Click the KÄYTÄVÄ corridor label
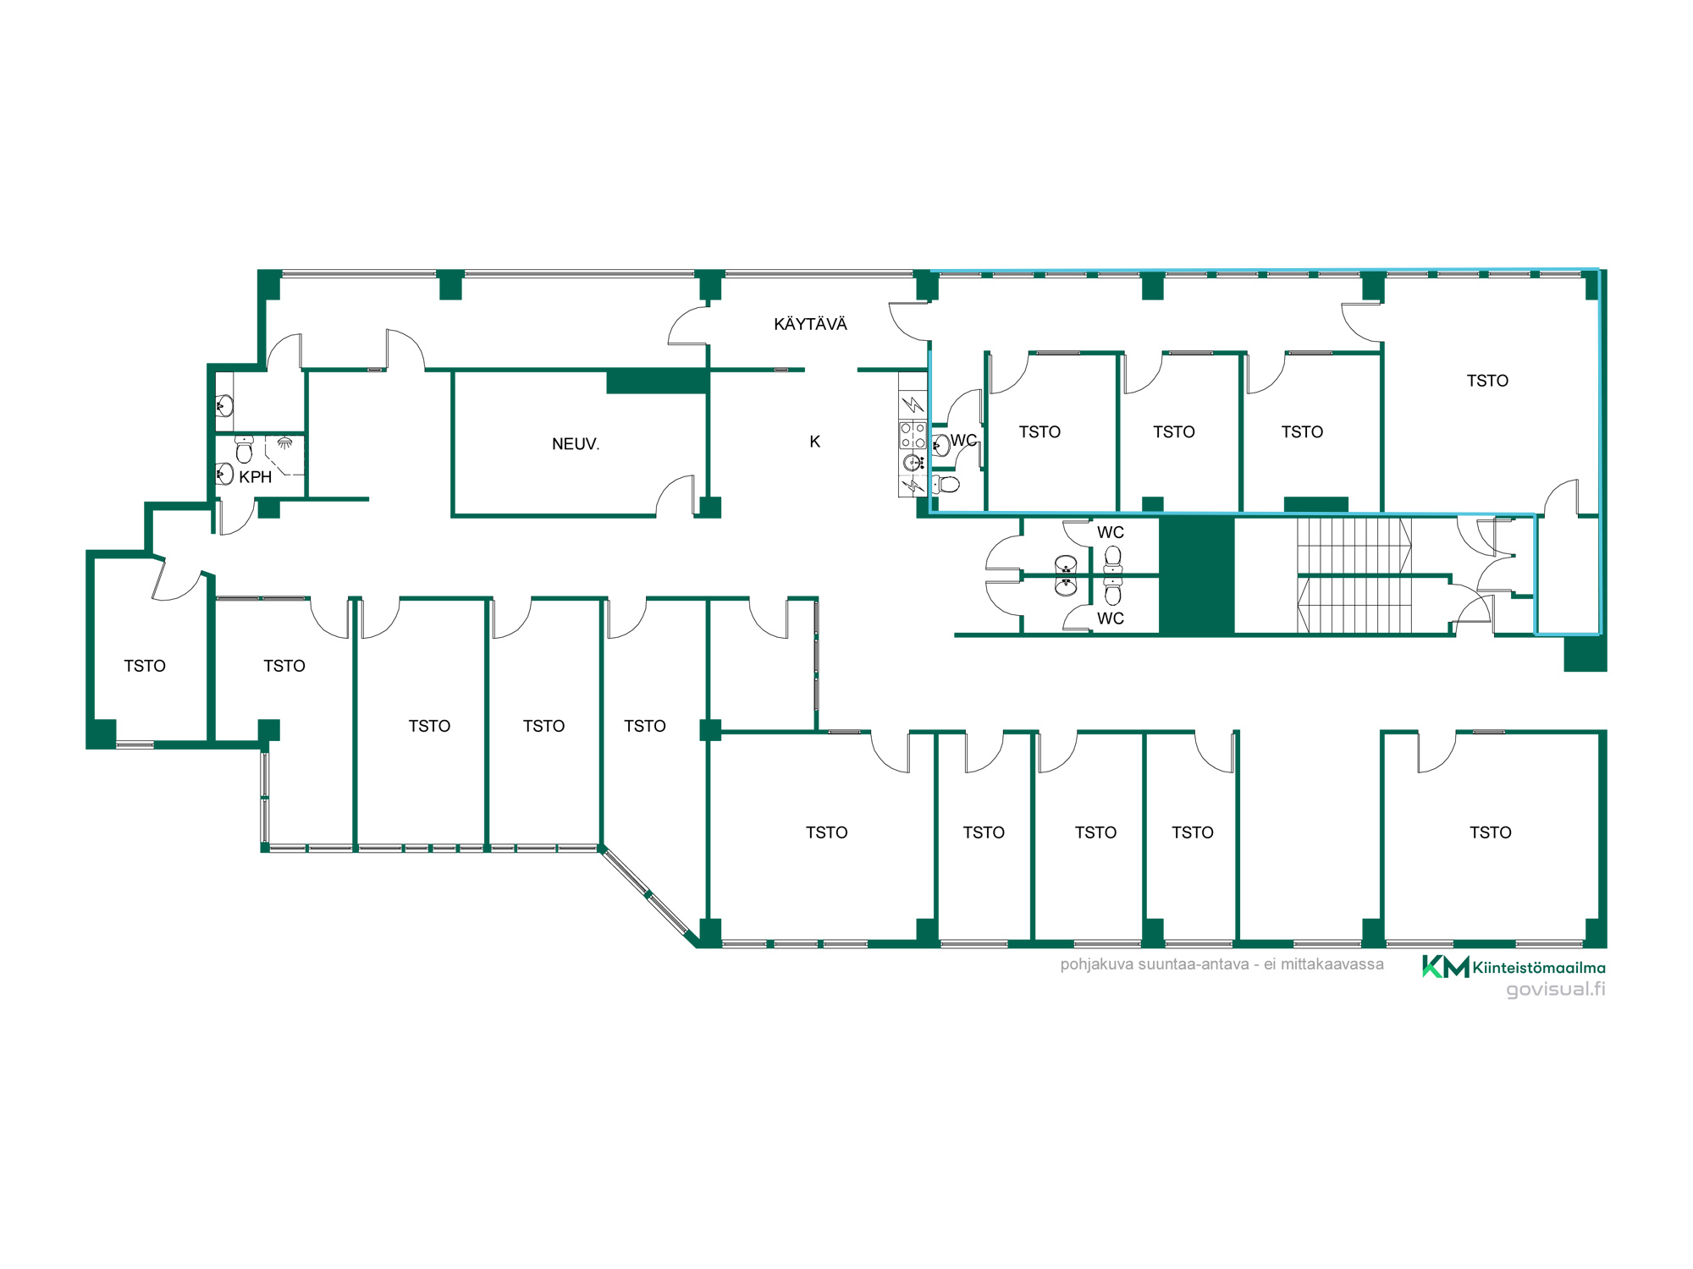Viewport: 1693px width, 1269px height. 810,324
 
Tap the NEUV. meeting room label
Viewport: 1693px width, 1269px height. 576,444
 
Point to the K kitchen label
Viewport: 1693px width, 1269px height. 815,442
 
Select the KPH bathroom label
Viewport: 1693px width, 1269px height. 255,477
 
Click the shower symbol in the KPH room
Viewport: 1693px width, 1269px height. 285,442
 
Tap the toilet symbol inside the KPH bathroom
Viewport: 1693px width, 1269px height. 244,449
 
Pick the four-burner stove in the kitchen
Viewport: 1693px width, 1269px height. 913,435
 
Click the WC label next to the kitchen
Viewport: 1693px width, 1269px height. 963,441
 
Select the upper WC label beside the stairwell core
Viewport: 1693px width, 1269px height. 1111,533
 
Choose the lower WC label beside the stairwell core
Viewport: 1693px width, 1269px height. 1111,618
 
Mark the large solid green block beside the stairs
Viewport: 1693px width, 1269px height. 1197,575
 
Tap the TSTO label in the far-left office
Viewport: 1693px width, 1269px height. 145,666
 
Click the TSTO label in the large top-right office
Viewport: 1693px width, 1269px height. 1487,381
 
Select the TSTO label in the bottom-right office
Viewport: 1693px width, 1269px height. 1490,832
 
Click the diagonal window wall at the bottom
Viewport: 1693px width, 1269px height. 648,895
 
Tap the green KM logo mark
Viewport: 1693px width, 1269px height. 1445,966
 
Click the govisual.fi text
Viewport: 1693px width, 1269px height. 1555,989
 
